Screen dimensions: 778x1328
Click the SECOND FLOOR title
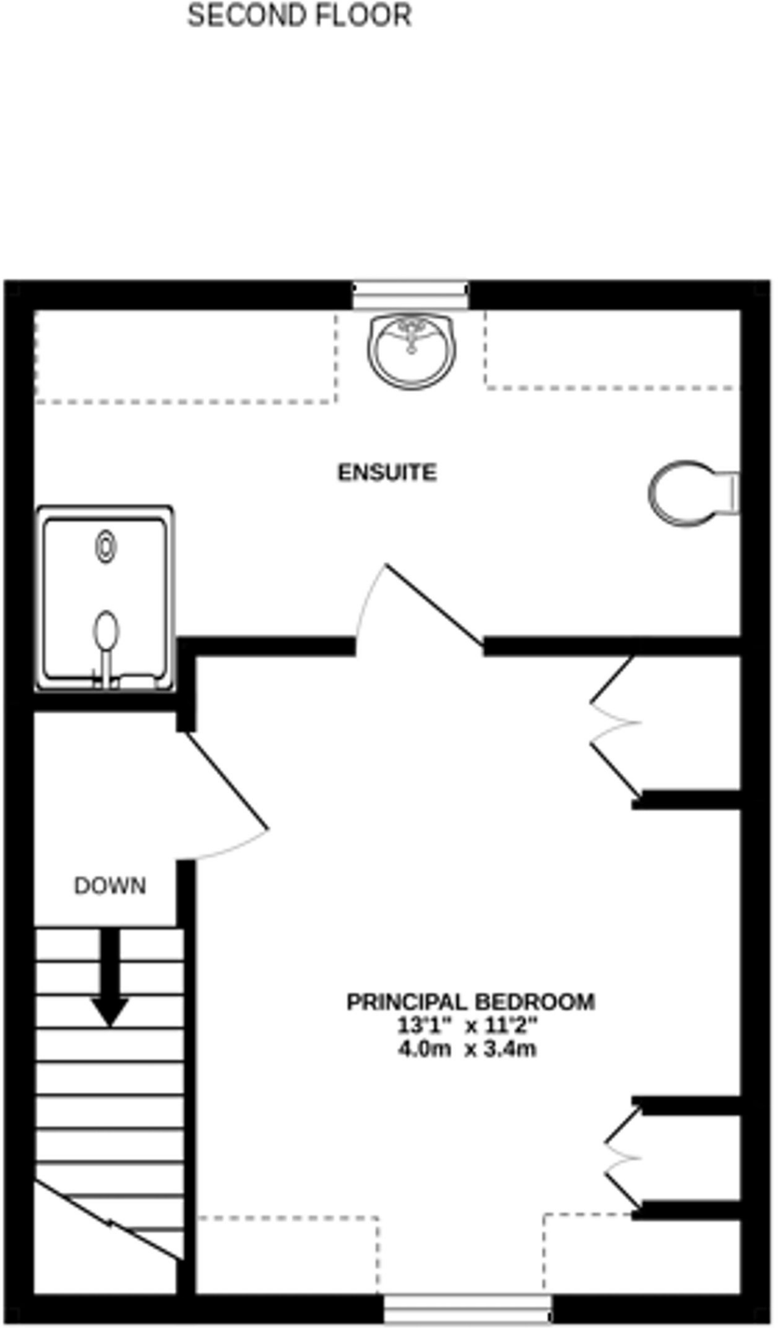299,16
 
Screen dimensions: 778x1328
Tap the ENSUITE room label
387,473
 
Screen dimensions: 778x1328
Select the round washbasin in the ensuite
411,351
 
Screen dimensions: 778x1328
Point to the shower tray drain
106,547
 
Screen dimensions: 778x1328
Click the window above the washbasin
410,295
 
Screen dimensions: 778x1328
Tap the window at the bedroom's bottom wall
467,1308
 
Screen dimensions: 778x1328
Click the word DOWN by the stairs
110,886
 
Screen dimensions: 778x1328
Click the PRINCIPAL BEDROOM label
471,1002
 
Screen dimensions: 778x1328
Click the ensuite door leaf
434,606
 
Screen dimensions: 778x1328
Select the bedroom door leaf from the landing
227,781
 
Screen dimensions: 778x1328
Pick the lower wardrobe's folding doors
622,1158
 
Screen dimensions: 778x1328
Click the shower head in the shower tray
106,632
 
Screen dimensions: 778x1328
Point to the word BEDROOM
534,1002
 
